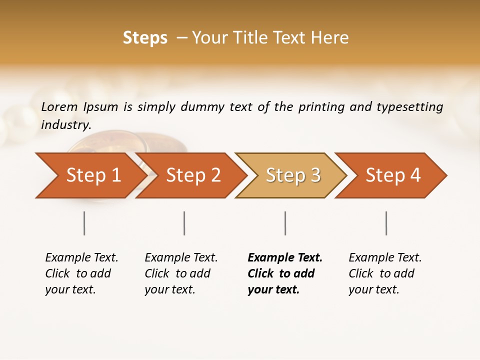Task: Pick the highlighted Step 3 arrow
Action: click(293, 175)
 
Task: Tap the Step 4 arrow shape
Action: click(393, 175)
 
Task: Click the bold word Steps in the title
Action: click(145, 38)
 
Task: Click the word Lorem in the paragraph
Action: click(59, 107)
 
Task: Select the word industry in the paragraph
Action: click(66, 124)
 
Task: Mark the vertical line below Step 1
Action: click(84, 223)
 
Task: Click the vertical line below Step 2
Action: click(184, 223)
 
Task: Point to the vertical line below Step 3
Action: click(285, 223)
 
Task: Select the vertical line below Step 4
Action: click(386, 223)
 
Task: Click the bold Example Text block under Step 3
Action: click(285, 273)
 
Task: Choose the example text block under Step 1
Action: click(81, 273)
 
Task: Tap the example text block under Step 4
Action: click(385, 273)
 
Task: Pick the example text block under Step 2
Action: click(181, 273)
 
